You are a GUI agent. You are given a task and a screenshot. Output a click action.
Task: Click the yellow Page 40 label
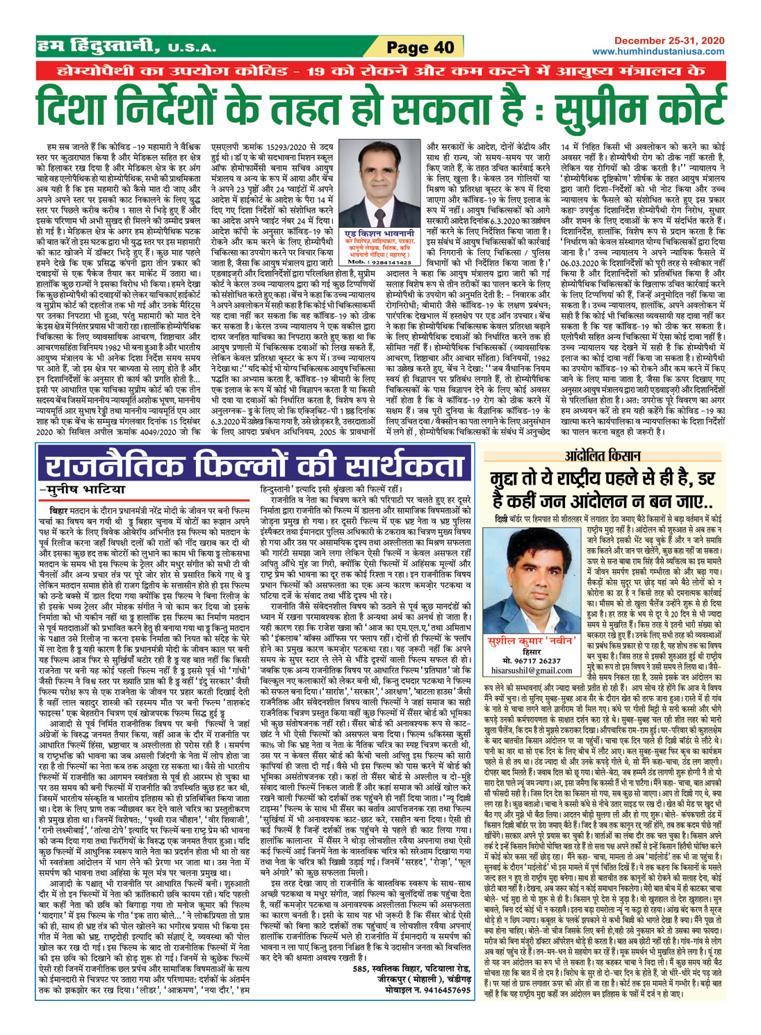coord(420,47)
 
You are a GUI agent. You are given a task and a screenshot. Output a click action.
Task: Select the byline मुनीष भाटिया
coord(77,470)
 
